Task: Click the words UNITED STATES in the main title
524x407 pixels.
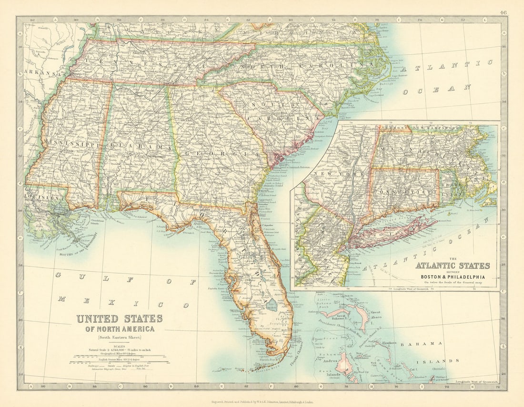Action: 120,318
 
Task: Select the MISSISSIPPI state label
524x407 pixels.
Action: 71,143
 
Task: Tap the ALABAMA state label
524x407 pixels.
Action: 139,148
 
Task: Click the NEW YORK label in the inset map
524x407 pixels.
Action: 336,174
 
